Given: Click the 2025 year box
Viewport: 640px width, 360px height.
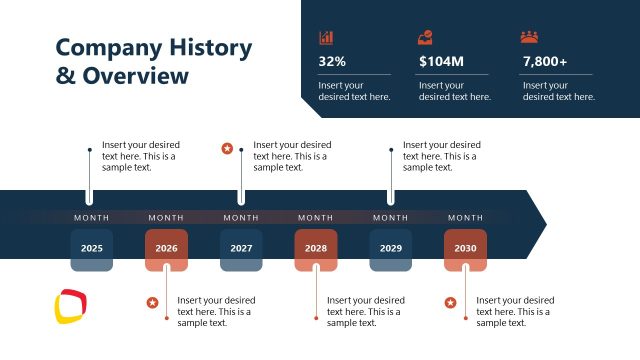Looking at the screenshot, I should point(91,249).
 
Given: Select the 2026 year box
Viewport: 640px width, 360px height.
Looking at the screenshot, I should point(166,249).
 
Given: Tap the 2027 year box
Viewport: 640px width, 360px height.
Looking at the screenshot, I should point(241,249).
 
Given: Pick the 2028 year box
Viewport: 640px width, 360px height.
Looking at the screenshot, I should point(316,249).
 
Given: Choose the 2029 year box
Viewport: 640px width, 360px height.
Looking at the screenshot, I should point(390,249).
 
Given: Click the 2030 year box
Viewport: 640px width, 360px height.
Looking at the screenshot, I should point(465,249).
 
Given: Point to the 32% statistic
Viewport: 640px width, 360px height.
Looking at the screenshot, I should point(332,62).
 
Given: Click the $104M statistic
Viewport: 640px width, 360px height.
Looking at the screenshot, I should point(441,62).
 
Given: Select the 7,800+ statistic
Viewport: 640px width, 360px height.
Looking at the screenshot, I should point(545,62).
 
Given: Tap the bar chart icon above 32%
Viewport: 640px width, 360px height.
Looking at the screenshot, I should point(326,37).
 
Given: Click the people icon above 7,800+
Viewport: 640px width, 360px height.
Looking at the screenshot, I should point(529,37).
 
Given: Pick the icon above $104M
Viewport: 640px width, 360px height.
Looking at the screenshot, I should point(425,37).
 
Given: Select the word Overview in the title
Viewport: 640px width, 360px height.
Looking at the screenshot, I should point(135,76).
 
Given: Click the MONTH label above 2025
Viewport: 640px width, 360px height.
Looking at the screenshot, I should point(91,217).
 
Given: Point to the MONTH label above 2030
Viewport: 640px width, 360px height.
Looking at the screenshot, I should point(465,217).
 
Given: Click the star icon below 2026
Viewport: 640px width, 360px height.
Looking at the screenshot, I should point(152,302).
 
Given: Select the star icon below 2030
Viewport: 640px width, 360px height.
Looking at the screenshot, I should point(451,302).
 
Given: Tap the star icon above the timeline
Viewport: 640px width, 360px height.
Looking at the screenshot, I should point(227,149).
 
